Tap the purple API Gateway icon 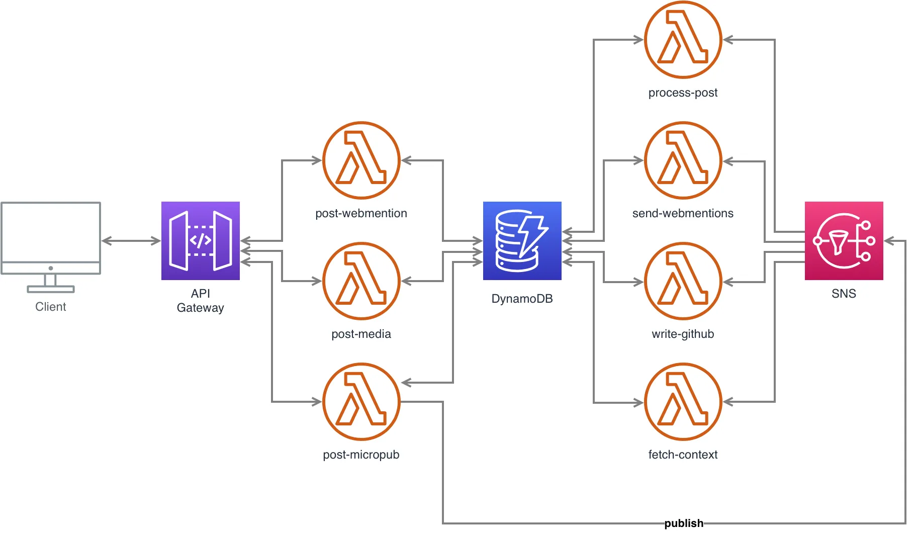click(200, 240)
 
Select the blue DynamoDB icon click(522, 240)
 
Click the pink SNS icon click(844, 240)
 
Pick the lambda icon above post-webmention click(361, 160)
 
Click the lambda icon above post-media click(361, 281)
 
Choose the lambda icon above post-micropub click(361, 402)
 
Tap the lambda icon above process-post click(683, 40)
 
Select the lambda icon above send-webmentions click(683, 160)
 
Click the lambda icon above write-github click(683, 281)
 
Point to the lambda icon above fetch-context click(683, 402)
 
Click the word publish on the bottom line click(684, 523)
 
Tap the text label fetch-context click(683, 455)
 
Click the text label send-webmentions click(683, 213)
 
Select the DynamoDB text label click(522, 299)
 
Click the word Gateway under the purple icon click(200, 308)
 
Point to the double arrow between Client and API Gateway click(131, 241)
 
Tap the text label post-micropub click(361, 455)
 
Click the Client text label click(51, 307)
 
